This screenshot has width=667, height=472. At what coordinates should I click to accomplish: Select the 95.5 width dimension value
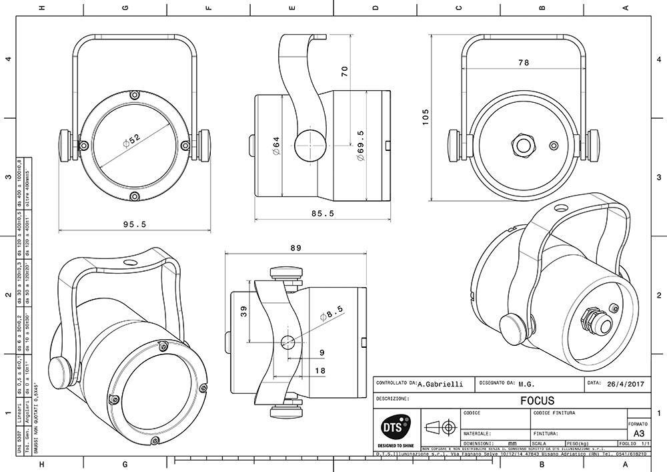[x=135, y=224]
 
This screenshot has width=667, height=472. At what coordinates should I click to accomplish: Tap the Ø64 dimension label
[x=275, y=146]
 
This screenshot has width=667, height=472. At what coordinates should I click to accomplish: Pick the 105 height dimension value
[x=426, y=117]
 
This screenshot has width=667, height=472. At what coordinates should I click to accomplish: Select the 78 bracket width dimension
[x=523, y=62]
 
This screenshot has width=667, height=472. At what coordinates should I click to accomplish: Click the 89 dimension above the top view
[x=295, y=248]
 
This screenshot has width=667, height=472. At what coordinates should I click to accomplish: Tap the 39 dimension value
[x=243, y=311]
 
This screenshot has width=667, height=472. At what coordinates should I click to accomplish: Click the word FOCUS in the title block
[x=537, y=401]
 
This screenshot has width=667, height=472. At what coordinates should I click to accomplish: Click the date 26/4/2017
[x=626, y=384]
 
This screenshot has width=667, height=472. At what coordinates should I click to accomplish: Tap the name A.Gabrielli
[x=440, y=385]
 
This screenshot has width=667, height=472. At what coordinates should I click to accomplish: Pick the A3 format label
[x=638, y=433]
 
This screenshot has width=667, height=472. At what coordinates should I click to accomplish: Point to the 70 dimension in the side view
[x=345, y=71]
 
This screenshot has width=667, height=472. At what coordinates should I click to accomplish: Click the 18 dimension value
[x=320, y=371]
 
